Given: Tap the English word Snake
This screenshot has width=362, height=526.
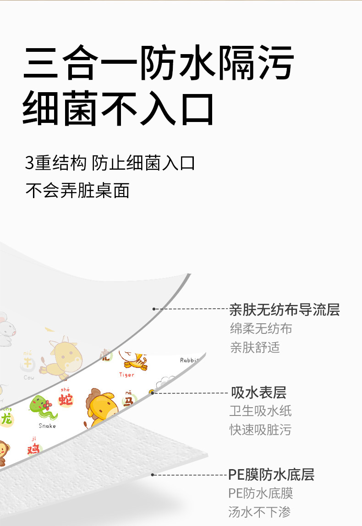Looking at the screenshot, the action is (47, 426).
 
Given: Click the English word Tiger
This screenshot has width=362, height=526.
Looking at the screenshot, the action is (127, 375).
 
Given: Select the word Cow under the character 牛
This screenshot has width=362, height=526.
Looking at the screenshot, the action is (29, 377).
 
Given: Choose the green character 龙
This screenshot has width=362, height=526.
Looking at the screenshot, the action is (6, 418).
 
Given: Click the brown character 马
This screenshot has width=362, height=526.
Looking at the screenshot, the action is (128, 401).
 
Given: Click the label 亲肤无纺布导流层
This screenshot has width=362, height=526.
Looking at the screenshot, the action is (285, 310).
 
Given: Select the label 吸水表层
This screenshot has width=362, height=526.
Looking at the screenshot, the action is (259, 393).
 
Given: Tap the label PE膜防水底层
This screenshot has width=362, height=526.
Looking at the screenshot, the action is (271, 474).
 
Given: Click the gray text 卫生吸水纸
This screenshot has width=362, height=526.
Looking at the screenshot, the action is (260, 411).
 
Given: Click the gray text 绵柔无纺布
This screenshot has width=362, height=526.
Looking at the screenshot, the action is (261, 329).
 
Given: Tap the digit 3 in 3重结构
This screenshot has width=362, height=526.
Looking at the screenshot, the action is (29, 163).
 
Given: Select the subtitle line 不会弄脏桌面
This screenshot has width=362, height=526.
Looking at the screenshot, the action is (77, 190).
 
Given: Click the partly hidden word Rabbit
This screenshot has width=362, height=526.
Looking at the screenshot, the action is (189, 360).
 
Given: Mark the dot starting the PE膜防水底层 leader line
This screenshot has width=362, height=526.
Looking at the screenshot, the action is (154, 474).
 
